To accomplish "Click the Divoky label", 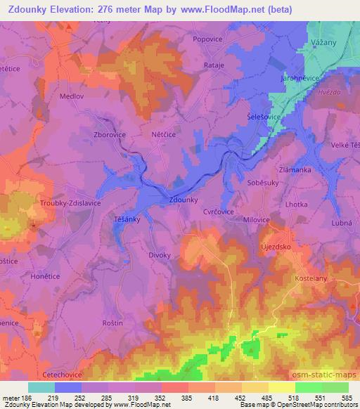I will (160, 255).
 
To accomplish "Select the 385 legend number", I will (186, 399).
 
